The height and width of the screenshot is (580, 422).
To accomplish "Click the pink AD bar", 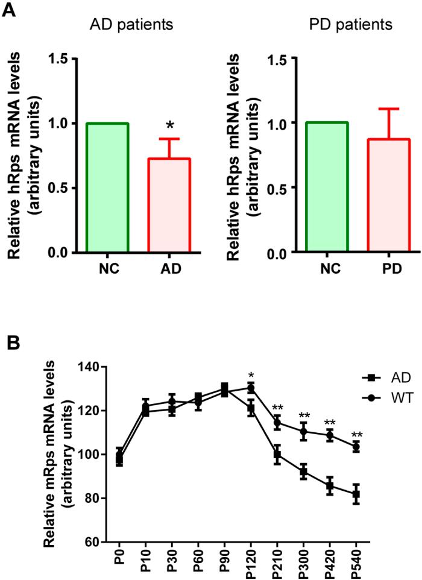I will click(x=169, y=205).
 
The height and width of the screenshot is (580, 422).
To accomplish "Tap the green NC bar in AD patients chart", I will click(x=107, y=188).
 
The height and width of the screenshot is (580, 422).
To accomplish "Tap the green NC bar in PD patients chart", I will click(x=327, y=188).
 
